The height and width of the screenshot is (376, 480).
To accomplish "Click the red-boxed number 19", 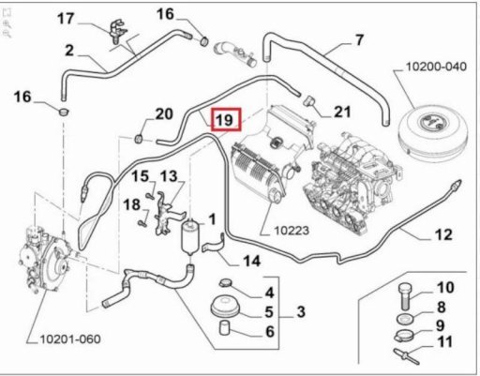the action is pos(226,119).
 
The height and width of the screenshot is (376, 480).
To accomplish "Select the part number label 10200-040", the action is pos(436,67).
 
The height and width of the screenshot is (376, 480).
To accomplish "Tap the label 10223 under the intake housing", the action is pos(292,231).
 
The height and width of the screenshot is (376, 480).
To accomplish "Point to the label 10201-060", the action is pos(70,339).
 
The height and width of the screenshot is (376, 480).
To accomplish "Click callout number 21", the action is pos(342,112).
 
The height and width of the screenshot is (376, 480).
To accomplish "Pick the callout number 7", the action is pos(359,40).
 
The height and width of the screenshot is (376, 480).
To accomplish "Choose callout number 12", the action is pos(443,234).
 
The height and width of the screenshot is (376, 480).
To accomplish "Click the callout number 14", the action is pos(252,261).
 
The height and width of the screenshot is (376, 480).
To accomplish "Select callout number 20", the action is pos(164,114).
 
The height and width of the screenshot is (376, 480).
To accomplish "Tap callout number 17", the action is pos(66,19).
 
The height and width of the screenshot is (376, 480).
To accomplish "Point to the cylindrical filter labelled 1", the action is pos(190,237).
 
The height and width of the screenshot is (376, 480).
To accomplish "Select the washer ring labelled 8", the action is pos(405,320).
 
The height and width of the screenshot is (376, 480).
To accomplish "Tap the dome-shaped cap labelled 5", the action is pos(226,307).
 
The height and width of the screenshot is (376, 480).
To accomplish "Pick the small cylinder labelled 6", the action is pos(225,328).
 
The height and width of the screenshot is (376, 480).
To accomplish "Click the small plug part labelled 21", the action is pos(309,101).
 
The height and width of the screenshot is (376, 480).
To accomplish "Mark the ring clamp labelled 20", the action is pos(139,139).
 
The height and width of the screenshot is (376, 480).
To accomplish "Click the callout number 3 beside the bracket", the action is pos(301,311).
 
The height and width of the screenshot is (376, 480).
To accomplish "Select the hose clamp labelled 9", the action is pos(403,337).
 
